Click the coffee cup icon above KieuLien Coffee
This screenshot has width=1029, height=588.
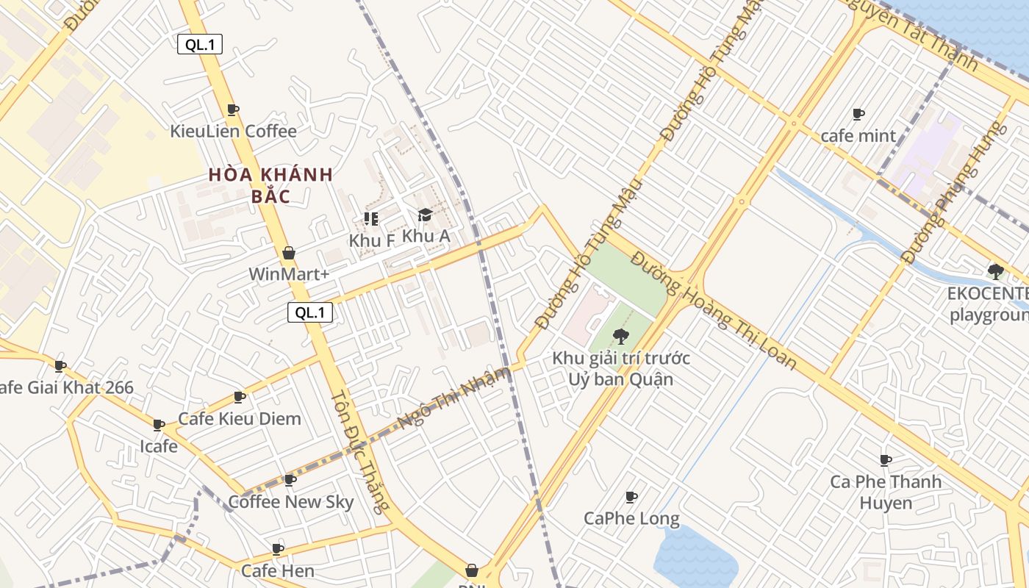pyautogui.click(x=233, y=110)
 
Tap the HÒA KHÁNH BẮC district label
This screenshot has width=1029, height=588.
pyautogui.click(x=270, y=185)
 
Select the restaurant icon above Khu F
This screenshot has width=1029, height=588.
pyautogui.click(x=371, y=218)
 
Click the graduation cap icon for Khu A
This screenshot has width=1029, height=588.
pyautogui.click(x=425, y=215)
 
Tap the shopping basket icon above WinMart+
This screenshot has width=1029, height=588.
pyautogui.click(x=289, y=253)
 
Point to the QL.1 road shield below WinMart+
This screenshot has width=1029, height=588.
pyautogui.click(x=309, y=312)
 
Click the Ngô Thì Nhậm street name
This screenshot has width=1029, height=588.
pyautogui.click(x=453, y=398)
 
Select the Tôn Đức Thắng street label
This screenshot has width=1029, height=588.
pyautogui.click(x=359, y=450)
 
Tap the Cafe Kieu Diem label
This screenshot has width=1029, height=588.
pyautogui.click(x=240, y=419)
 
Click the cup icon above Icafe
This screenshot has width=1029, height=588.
pyautogui.click(x=159, y=425)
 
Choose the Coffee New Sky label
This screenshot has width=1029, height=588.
pyautogui.click(x=291, y=502)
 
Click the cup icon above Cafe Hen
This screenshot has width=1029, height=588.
pyautogui.click(x=278, y=549)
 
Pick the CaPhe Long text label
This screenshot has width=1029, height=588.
pyautogui.click(x=631, y=518)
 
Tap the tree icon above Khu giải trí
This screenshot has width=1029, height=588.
pyautogui.click(x=620, y=337)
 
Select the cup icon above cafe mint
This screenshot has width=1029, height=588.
pyautogui.click(x=858, y=114)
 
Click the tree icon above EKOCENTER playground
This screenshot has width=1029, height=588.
pyautogui.click(x=996, y=272)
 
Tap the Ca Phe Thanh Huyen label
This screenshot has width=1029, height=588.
pyautogui.click(x=886, y=492)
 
